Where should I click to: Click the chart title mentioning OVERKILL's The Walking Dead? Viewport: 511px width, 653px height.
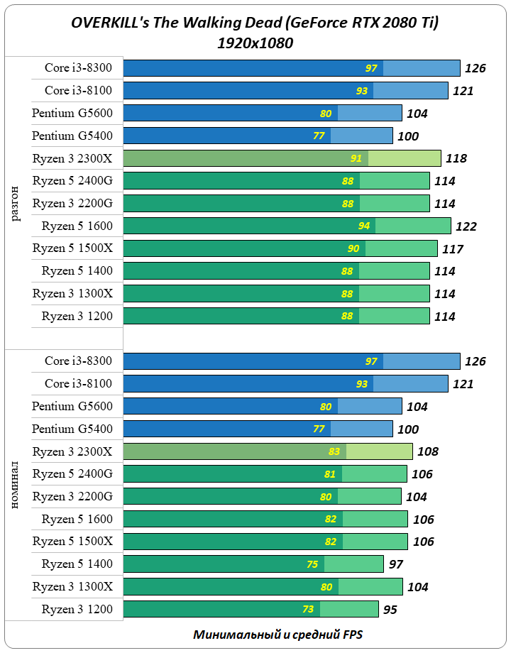click(255, 23)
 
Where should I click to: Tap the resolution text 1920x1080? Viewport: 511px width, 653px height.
click(255, 43)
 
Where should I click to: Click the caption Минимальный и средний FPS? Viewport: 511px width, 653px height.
click(282, 635)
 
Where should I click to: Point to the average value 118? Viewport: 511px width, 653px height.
click(456, 159)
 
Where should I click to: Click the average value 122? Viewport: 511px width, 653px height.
click(466, 226)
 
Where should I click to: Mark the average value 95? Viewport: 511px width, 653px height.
click(392, 610)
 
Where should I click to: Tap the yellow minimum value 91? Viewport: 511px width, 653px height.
click(356, 158)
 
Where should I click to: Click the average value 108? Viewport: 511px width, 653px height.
click(427, 451)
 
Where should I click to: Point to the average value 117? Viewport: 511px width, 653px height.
click(452, 249)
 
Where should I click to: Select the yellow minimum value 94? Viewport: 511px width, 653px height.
click(364, 226)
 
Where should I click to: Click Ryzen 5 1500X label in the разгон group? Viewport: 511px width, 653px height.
click(72, 248)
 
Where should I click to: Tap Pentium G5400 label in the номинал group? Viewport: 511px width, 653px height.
click(72, 429)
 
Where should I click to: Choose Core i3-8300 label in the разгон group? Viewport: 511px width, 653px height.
click(78, 68)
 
